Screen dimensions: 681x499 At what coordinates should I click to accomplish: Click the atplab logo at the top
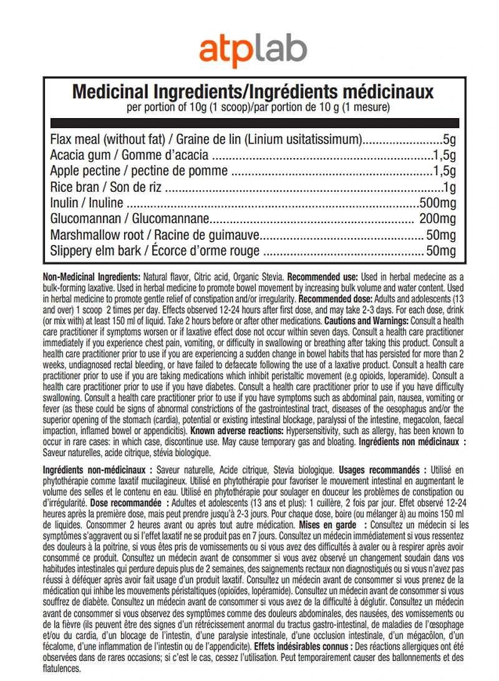click(x=253, y=48)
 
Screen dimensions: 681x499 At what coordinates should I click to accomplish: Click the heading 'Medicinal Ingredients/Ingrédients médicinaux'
click(x=253, y=92)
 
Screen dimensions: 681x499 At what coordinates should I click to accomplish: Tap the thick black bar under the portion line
click(x=253, y=123)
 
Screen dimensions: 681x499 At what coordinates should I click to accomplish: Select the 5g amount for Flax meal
click(x=450, y=139)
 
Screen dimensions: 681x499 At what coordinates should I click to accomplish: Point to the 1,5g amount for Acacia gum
click(x=445, y=156)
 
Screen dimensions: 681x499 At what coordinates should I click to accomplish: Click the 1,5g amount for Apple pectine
click(x=445, y=171)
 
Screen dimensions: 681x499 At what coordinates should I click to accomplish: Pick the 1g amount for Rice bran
click(x=450, y=187)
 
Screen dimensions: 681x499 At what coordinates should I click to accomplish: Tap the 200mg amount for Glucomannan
click(x=437, y=219)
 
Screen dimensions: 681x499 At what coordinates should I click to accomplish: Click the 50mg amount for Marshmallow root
click(x=440, y=236)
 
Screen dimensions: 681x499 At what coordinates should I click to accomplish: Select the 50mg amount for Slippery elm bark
click(x=440, y=251)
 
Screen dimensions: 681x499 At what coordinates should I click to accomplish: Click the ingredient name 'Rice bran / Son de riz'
click(x=107, y=187)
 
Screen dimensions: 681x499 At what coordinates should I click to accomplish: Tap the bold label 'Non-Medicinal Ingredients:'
click(x=92, y=277)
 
